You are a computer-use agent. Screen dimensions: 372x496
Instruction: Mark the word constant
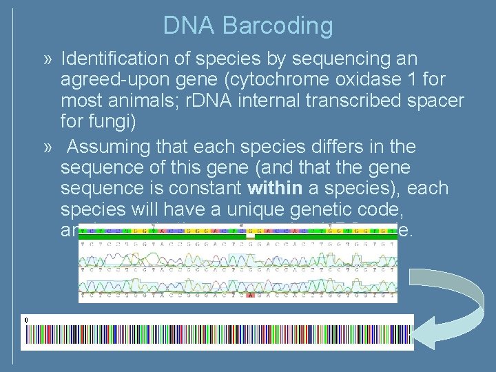[x=207, y=189]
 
